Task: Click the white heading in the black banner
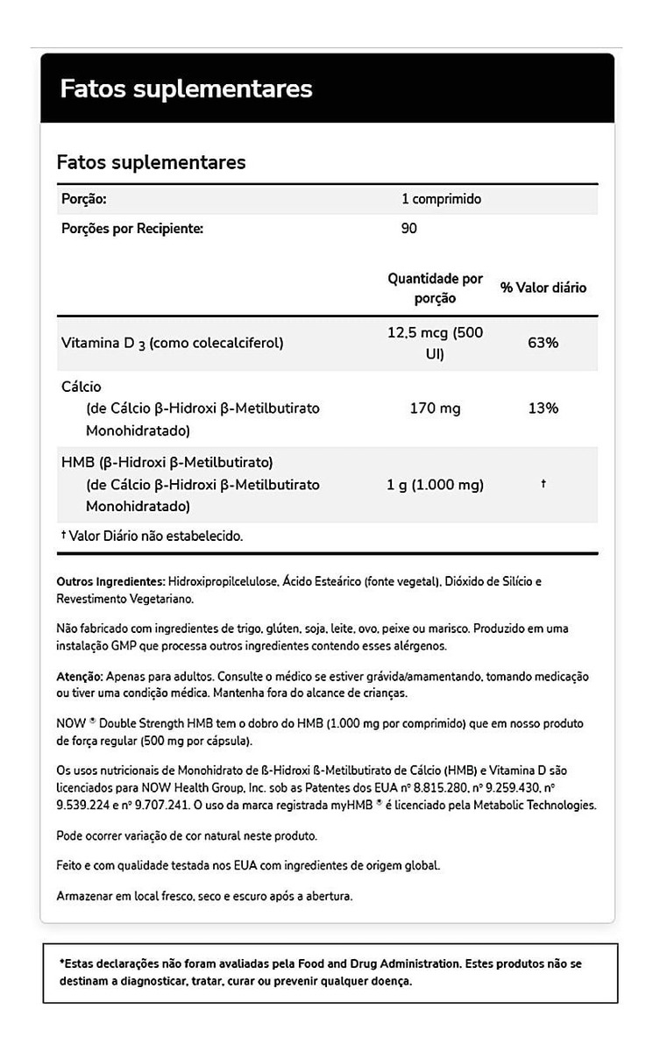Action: [x=186, y=89]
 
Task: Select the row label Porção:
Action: [x=84, y=199]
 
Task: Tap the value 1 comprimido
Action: [x=442, y=199]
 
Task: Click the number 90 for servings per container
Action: [x=408, y=229]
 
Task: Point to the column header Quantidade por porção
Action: [x=435, y=288]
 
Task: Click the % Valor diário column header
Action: [x=543, y=288]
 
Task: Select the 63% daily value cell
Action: [x=543, y=343]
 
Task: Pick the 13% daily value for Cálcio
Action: [x=543, y=409]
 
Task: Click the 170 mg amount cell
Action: [x=436, y=409]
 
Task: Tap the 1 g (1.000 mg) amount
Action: [x=436, y=485]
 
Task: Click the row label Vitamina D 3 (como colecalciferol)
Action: [x=172, y=343]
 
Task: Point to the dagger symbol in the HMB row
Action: [x=543, y=484]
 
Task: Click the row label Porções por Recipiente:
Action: [x=132, y=229]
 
